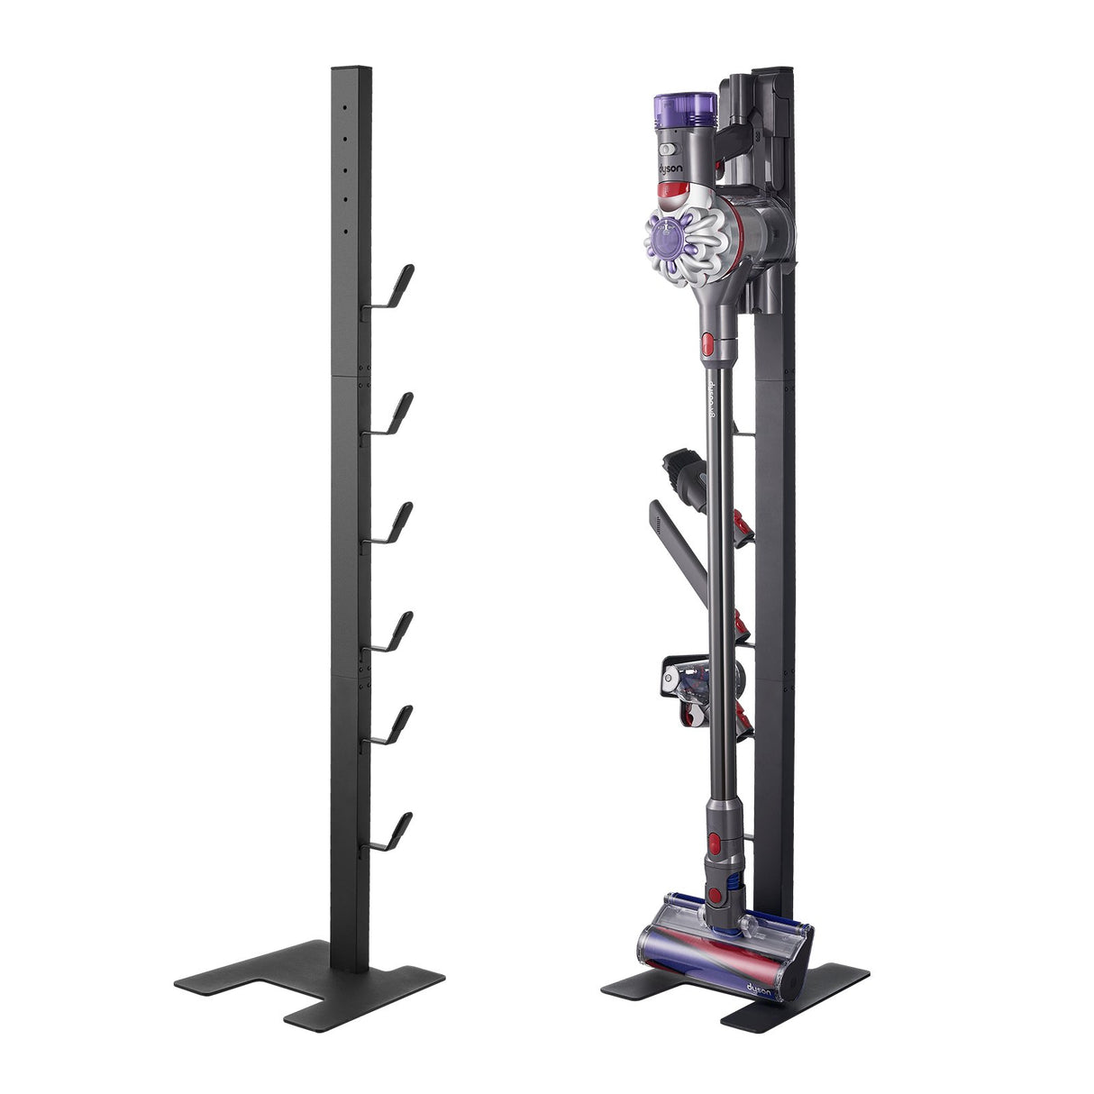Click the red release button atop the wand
coord(707,342)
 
